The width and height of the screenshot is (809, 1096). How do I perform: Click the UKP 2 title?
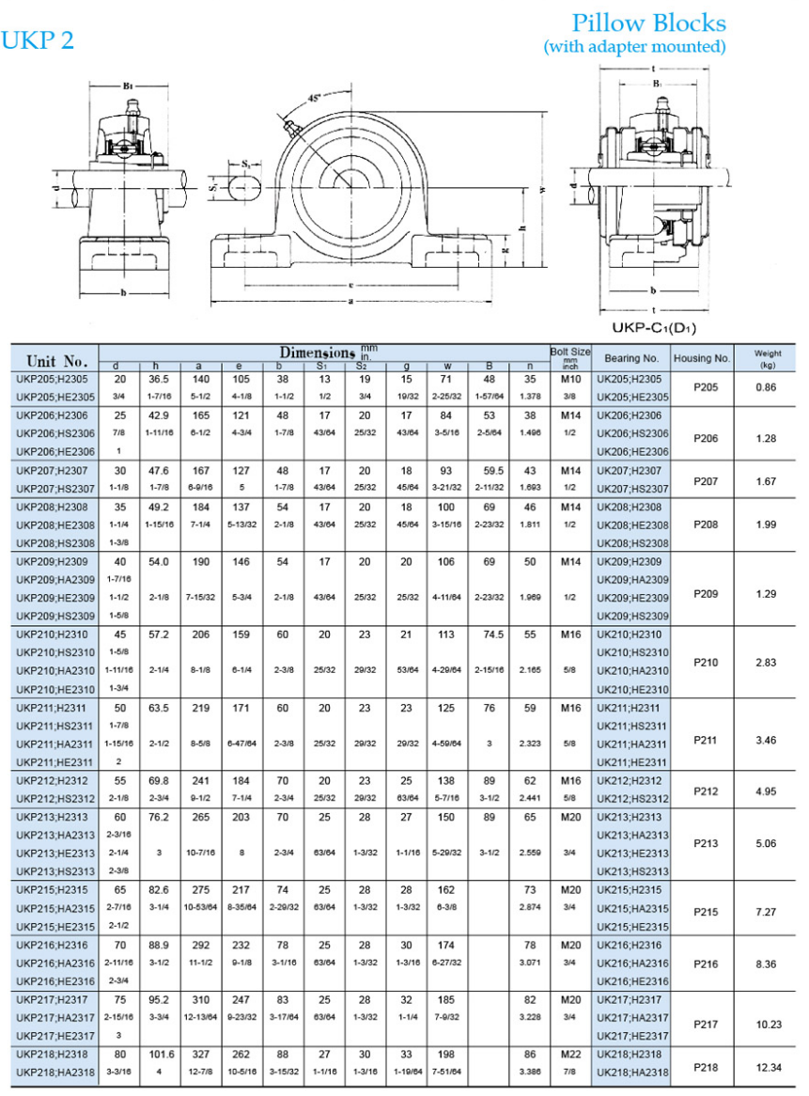(x=38, y=40)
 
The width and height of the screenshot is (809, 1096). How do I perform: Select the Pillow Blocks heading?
(x=649, y=23)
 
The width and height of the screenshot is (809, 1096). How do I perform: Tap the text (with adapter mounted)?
(x=634, y=46)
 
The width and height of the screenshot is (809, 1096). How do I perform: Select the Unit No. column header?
(x=57, y=361)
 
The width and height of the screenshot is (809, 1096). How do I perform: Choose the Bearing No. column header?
(x=631, y=358)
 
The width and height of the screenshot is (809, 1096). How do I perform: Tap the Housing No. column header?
(x=702, y=358)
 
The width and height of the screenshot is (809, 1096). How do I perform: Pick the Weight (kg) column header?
(x=767, y=358)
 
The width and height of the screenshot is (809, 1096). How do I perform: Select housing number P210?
(x=706, y=663)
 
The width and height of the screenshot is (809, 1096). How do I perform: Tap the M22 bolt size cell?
(x=570, y=1056)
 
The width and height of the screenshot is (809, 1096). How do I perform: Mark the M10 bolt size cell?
(x=570, y=379)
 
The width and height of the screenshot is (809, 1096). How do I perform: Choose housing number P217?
(x=706, y=1025)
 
